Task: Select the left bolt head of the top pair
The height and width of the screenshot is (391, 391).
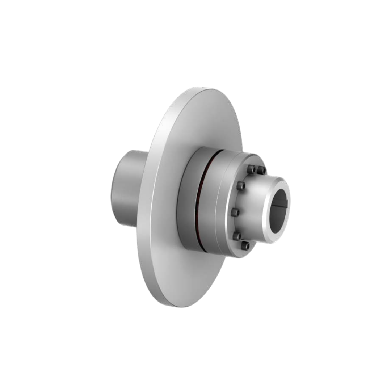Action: coord(251,169)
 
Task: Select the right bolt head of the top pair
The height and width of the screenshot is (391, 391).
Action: coord(261,170)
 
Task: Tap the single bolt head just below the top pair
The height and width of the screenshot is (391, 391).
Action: coord(241,186)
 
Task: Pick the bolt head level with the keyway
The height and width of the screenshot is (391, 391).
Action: coord(235,212)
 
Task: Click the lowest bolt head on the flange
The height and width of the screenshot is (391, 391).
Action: coord(245,246)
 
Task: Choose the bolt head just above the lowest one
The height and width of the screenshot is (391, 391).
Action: coord(237,236)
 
